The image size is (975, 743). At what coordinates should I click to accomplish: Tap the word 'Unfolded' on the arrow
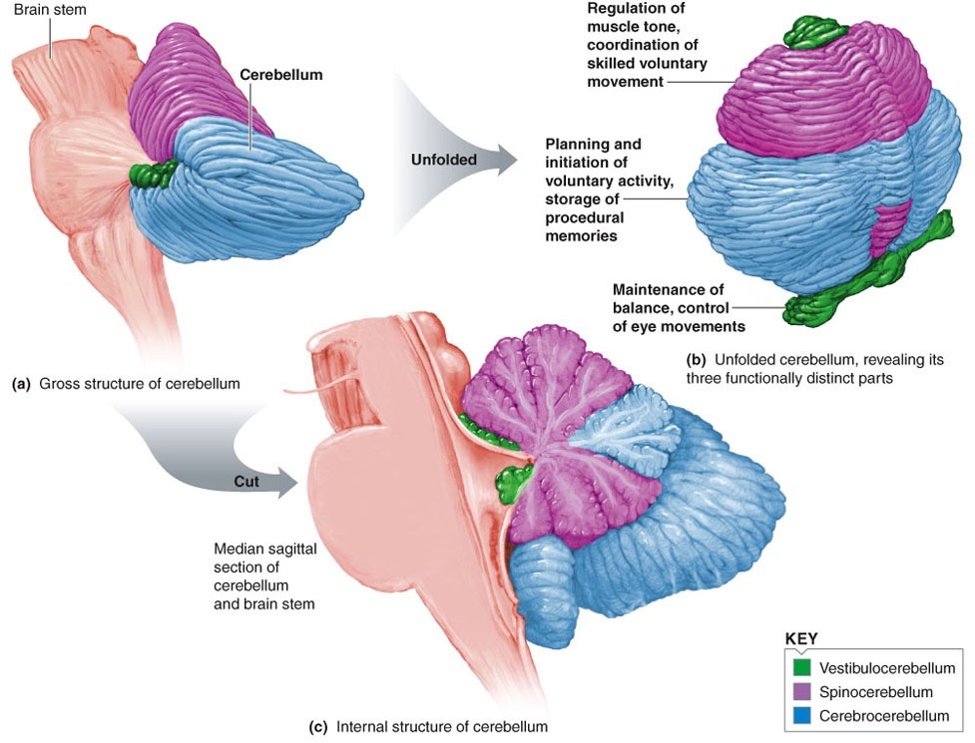(444, 158)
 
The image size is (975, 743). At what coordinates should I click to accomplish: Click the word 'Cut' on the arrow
(244, 482)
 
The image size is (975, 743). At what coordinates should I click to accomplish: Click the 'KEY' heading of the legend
(802, 640)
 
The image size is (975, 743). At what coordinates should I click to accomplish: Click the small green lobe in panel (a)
(154, 174)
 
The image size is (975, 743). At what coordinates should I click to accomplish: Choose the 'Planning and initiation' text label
(597, 190)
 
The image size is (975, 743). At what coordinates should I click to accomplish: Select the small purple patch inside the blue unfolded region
(890, 225)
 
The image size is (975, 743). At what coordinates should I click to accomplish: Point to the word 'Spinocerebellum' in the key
(877, 691)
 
